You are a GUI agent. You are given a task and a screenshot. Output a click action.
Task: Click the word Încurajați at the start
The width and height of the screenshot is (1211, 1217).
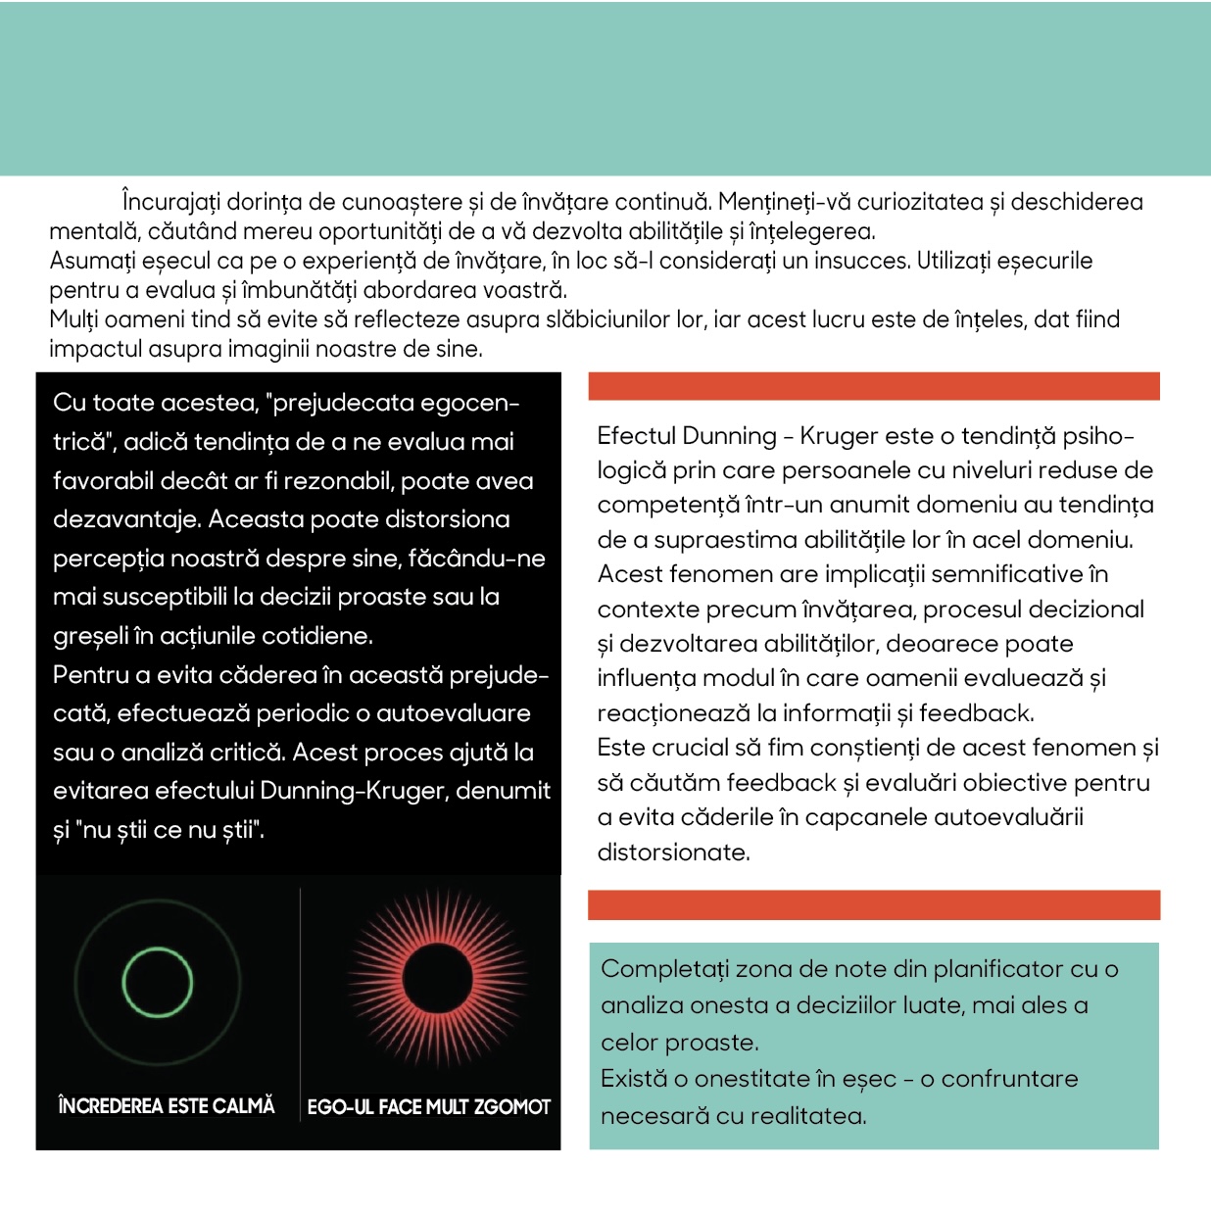click(x=171, y=203)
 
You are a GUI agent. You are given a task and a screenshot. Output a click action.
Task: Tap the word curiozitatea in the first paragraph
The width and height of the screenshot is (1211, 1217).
click(x=920, y=203)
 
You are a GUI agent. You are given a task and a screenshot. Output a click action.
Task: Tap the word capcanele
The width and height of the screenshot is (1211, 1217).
click(x=864, y=817)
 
